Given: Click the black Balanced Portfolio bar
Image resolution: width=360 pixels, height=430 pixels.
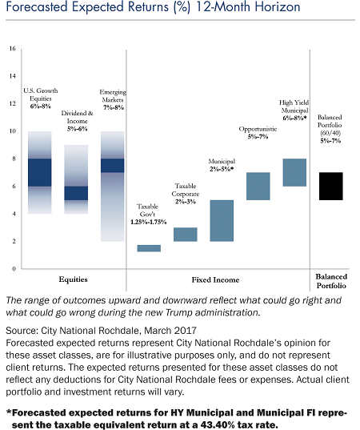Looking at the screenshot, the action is point(331,187).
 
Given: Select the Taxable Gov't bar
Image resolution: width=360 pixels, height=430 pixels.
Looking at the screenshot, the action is point(149,248).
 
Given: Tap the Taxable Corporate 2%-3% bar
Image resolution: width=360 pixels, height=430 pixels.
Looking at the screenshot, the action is point(186,235).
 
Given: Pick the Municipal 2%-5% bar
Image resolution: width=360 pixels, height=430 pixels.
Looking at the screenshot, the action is point(222,221).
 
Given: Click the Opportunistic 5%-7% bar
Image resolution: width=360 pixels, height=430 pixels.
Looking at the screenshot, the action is point(258,187).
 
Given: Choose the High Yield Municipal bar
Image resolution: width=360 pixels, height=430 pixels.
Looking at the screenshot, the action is point(294,172).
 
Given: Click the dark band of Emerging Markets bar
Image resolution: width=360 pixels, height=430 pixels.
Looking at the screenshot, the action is point(113,166).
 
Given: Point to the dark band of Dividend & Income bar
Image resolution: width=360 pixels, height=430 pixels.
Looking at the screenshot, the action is point(76,193).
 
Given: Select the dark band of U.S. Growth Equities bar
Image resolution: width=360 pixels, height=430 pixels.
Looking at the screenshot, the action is point(40,172).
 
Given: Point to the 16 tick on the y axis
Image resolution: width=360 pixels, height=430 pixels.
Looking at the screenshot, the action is point(13,49).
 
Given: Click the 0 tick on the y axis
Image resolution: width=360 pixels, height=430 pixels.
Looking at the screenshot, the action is point(14,269).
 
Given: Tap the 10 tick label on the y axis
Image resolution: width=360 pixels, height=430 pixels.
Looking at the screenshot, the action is point(13,131).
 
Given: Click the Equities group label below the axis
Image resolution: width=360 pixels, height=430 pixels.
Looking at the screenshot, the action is point(73,279).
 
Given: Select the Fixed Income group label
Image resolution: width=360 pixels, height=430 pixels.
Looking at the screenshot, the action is point(215,279).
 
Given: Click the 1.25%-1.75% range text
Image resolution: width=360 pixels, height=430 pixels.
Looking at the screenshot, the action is point(149,222).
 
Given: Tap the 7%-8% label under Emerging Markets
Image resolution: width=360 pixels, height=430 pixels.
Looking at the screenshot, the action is point(114,107).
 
